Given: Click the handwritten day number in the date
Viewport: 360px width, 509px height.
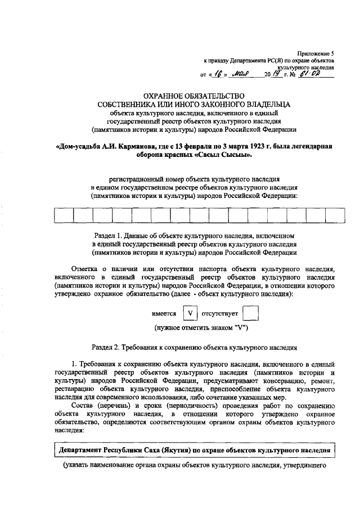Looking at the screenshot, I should [217, 73].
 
